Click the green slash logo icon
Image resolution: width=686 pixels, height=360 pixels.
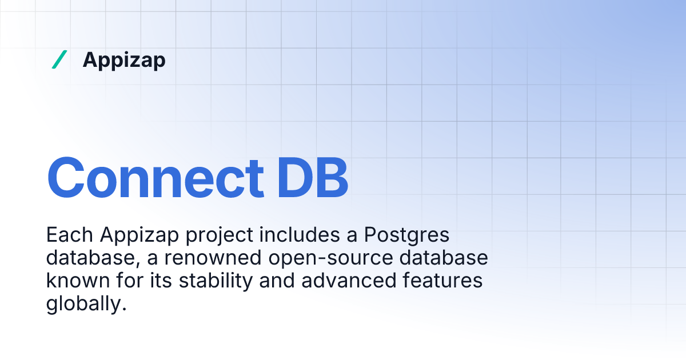click(59, 59)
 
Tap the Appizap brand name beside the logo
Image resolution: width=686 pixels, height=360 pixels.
click(124, 60)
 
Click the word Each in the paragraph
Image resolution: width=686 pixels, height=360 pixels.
click(70, 234)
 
